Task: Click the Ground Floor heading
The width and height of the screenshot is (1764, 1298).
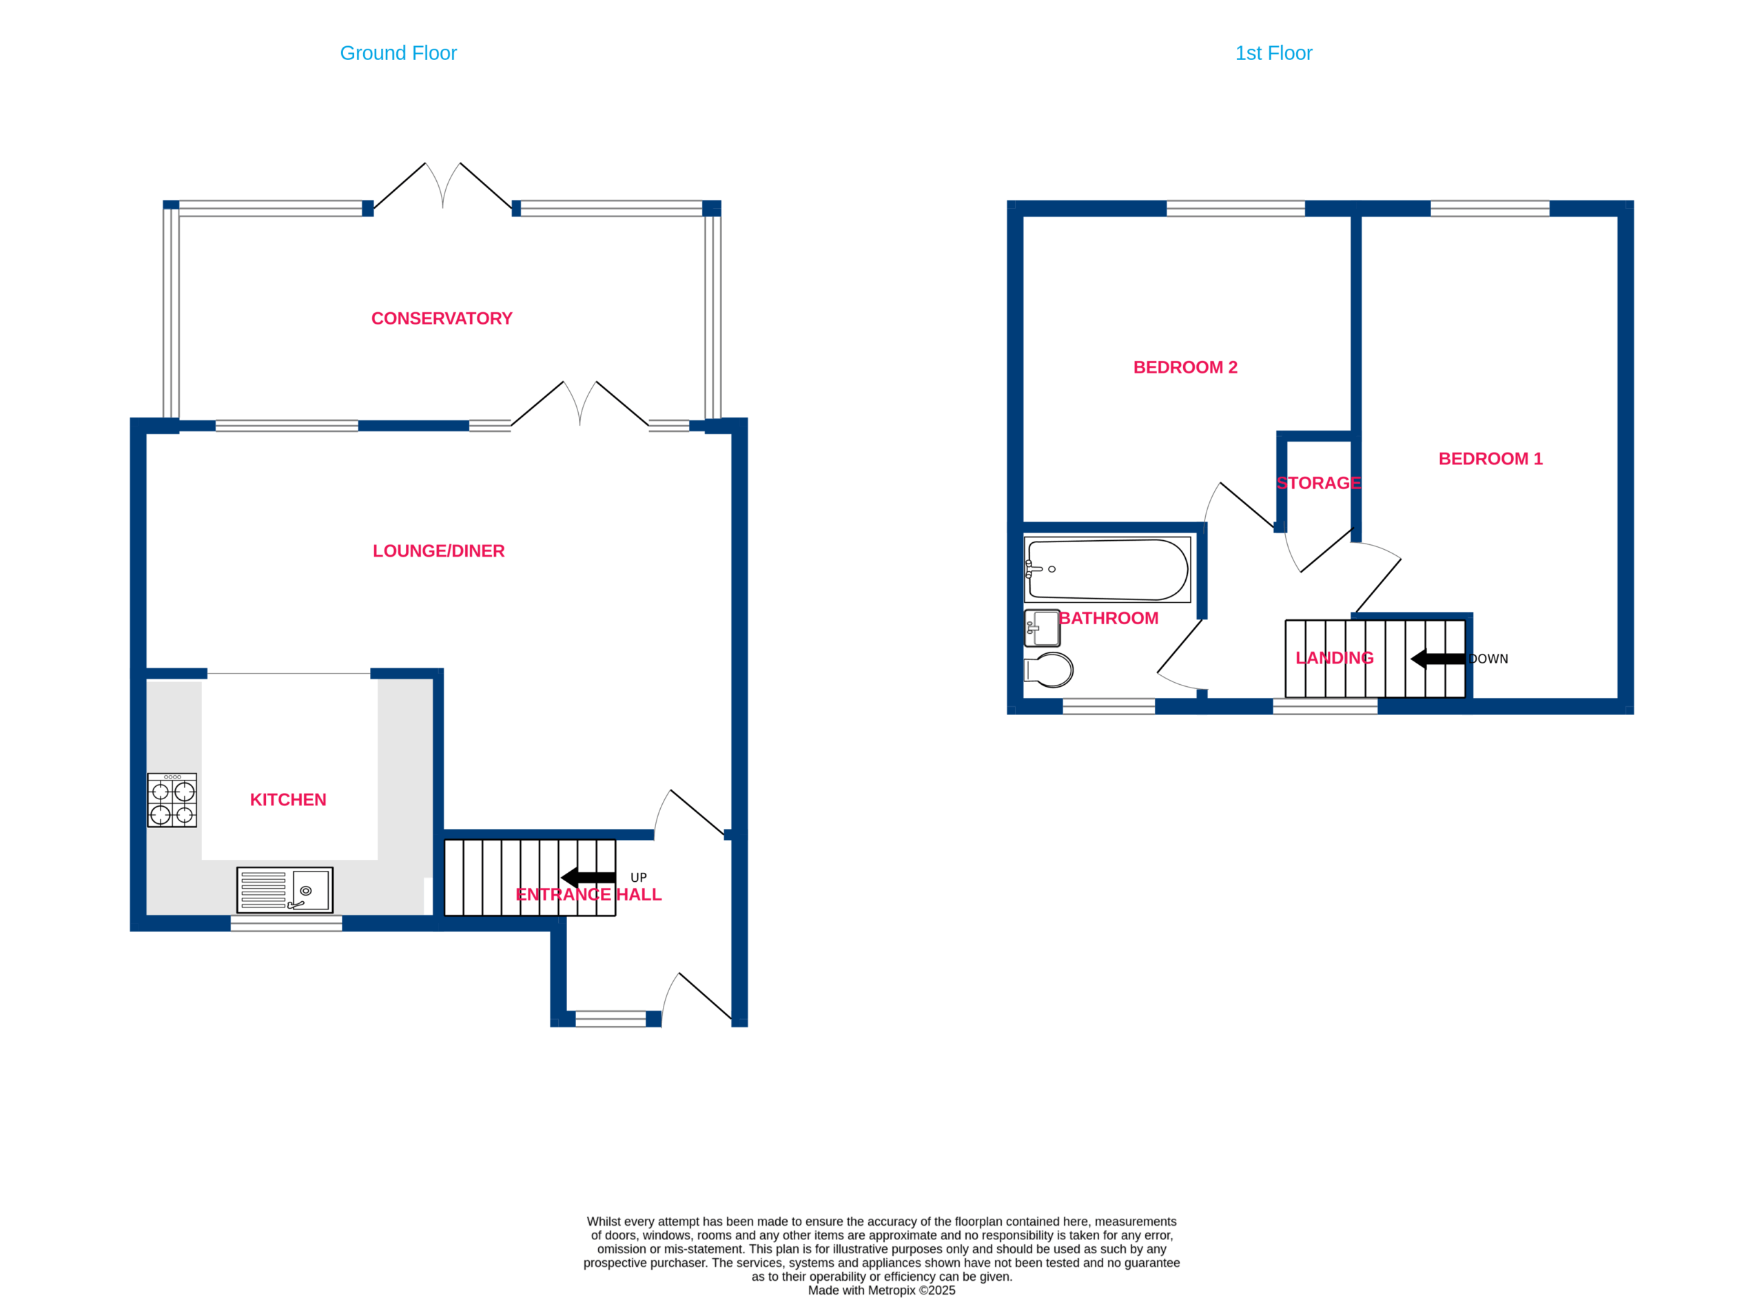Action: (x=398, y=54)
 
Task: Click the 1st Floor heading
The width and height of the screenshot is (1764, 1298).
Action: (x=1273, y=54)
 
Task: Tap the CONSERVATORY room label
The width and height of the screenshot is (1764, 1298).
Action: (x=442, y=318)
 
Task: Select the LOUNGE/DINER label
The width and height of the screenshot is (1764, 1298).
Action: (x=438, y=550)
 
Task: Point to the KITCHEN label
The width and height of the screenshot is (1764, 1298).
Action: (x=287, y=800)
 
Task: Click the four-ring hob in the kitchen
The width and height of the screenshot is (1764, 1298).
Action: (x=172, y=800)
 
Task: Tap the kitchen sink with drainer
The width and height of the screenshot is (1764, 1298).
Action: (x=285, y=890)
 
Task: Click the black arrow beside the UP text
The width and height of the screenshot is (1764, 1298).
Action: (x=588, y=878)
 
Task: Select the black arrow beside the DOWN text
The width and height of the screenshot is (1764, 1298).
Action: (x=1438, y=659)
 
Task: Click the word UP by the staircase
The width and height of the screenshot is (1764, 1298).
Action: (x=638, y=878)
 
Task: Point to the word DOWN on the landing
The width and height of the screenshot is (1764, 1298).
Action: (x=1488, y=659)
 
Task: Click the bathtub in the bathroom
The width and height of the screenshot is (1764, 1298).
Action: (x=1107, y=570)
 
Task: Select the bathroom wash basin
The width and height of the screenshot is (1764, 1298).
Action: (x=1042, y=628)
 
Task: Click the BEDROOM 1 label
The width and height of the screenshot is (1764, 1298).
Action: (x=1490, y=459)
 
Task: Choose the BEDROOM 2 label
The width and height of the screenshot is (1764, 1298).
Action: (x=1185, y=367)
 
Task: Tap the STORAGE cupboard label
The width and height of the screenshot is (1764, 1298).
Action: (x=1318, y=483)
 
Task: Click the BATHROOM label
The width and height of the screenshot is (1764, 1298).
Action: (x=1108, y=619)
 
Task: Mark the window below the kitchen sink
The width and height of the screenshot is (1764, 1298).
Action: (x=286, y=923)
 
